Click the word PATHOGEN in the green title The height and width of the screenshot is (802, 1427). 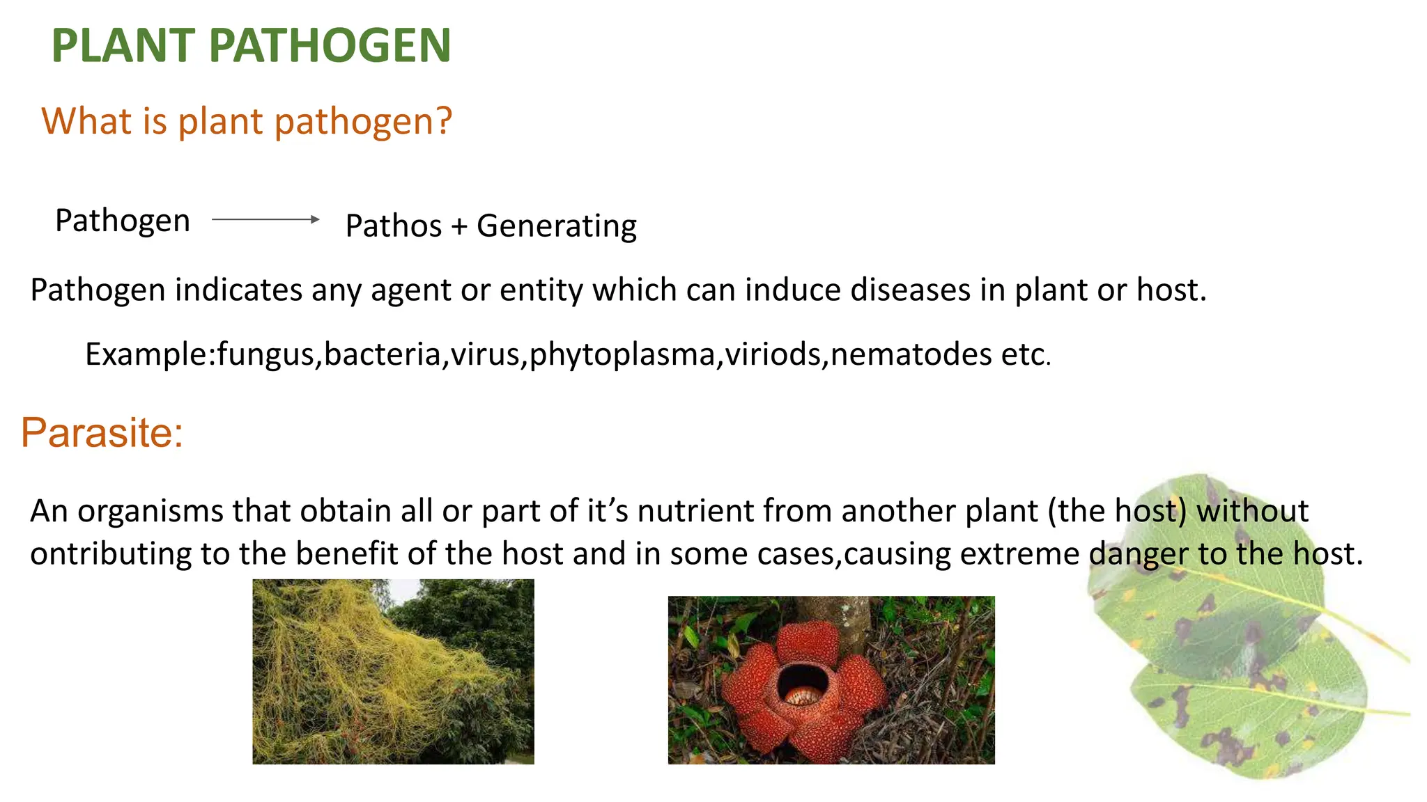tap(330, 46)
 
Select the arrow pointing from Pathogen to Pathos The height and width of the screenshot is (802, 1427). tap(265, 219)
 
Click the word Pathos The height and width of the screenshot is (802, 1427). tap(394, 226)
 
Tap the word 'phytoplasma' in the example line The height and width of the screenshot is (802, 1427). tap(622, 355)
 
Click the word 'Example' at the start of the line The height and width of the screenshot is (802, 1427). tap(146, 355)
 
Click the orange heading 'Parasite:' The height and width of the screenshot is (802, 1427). tap(102, 432)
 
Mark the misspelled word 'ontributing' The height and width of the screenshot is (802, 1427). tap(111, 554)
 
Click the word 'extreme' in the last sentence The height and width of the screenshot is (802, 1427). tap(1019, 554)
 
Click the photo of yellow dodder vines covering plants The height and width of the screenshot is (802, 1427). tap(393, 672)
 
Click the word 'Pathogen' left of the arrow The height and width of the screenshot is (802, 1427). tap(123, 221)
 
